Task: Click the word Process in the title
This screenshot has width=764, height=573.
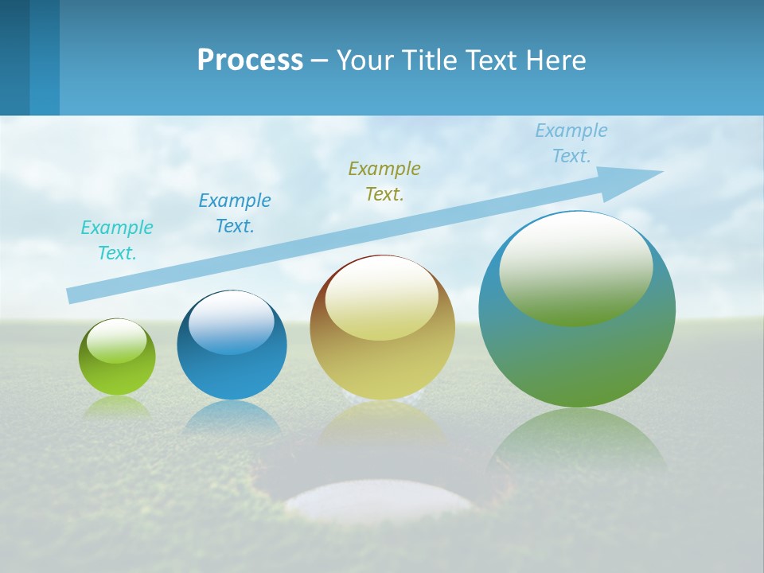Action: [250, 60]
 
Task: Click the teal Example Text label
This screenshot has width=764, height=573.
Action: [117, 240]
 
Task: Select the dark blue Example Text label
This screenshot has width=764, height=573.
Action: [235, 213]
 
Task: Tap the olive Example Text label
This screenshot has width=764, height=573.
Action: [384, 181]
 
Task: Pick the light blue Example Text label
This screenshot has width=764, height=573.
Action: [571, 143]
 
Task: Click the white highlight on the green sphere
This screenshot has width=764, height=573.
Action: [116, 341]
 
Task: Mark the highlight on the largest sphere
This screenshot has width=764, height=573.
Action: [575, 269]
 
